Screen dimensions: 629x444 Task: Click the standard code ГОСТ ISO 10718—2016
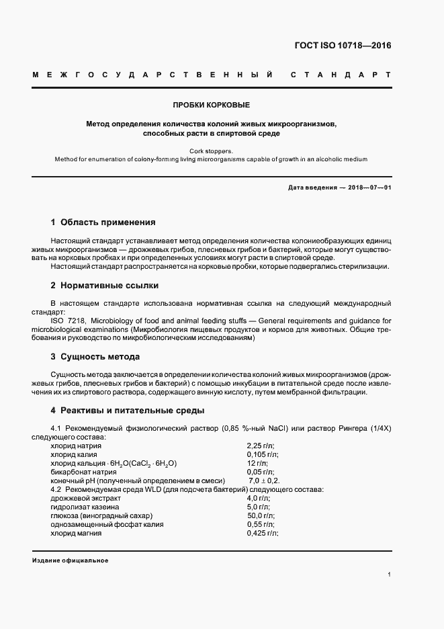point(343,46)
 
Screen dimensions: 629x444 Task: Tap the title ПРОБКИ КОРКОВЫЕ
point(212,106)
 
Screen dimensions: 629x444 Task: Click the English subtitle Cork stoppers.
point(212,151)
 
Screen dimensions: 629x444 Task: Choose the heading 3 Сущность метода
point(95,356)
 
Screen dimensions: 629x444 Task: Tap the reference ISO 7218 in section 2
point(68,321)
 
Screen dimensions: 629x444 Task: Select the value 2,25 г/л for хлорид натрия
point(261,446)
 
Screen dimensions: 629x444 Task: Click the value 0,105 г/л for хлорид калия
point(263,454)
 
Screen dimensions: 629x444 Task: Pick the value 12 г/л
point(258,463)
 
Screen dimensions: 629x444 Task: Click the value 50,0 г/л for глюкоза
point(261,515)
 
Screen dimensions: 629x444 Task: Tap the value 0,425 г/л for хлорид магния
point(263,533)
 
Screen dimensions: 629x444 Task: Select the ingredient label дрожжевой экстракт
point(85,498)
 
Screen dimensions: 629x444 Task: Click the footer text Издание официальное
point(70,560)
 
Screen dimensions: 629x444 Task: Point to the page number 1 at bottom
point(389,575)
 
